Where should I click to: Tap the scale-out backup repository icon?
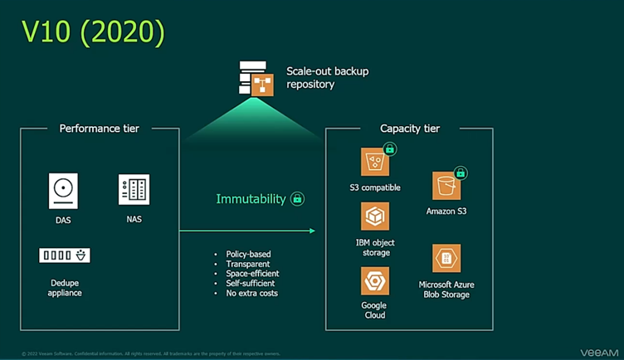pyautogui.click(x=257, y=78)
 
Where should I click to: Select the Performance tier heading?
pyautogui.click(x=100, y=129)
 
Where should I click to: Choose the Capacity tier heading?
pyautogui.click(x=410, y=129)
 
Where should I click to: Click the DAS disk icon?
pyautogui.click(x=63, y=191)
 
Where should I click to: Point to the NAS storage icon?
pyautogui.click(x=134, y=190)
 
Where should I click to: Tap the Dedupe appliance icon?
pyautogui.click(x=65, y=255)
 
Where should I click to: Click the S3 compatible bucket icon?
pyautogui.click(x=375, y=162)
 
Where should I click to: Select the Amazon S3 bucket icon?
pyautogui.click(x=446, y=187)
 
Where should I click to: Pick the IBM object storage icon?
pyautogui.click(x=375, y=216)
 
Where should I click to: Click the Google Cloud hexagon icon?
pyautogui.click(x=375, y=280)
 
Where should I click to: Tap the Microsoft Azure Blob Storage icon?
pyautogui.click(x=446, y=258)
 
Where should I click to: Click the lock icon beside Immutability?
pyautogui.click(x=297, y=199)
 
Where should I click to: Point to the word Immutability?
pyautogui.click(x=251, y=199)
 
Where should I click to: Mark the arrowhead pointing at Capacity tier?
pyautogui.click(x=312, y=231)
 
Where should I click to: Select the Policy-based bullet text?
pyautogui.click(x=248, y=254)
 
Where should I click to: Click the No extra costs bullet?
pyautogui.click(x=251, y=293)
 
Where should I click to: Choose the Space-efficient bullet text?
pyautogui.click(x=252, y=274)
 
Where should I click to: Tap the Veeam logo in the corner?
pyautogui.click(x=599, y=353)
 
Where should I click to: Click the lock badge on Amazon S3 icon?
pyautogui.click(x=461, y=173)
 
